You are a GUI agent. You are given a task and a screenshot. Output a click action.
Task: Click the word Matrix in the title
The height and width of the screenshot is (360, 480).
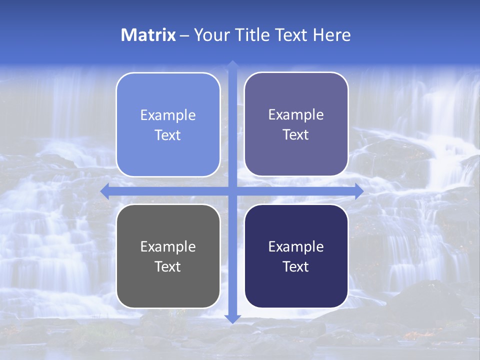coord(148,35)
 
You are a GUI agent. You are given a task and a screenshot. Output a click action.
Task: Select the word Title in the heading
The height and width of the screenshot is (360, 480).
coord(252,35)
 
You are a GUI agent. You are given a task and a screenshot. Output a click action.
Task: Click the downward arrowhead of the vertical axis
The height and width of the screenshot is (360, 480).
coord(232,318)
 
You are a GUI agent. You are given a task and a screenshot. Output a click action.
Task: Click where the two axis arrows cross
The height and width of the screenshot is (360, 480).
coord(232,190)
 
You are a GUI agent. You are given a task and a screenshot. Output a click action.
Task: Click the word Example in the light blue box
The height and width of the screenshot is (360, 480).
coord(168,115)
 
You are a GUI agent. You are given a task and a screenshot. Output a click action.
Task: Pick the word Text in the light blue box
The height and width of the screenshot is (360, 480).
coord(168,135)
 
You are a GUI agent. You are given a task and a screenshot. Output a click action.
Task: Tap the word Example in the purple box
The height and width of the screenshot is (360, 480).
coord(296,115)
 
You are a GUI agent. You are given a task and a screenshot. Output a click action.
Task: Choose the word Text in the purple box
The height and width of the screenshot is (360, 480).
coord(296,135)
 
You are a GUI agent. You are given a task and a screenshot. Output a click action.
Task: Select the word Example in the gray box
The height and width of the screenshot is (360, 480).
coord(168,247)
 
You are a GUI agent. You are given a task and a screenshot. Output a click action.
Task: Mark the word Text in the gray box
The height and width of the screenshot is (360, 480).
coord(168,267)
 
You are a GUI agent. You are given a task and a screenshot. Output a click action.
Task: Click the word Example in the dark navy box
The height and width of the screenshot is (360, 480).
coord(296,247)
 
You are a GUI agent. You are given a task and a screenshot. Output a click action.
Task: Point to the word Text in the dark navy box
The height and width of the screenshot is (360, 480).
coord(296,267)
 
